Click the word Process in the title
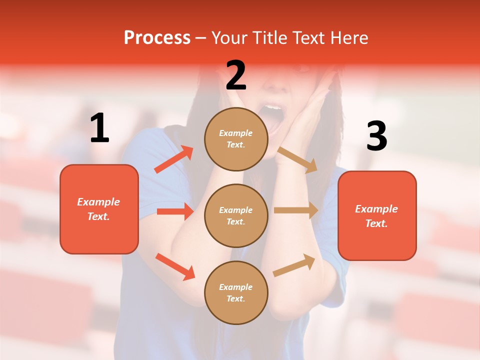pos(157,38)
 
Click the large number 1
pos(99,128)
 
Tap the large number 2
pos(236,76)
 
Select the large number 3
pos(376,136)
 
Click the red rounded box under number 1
pos(99,209)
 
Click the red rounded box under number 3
pos(377,215)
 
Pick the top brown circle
pos(236,139)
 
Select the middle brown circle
pos(236,215)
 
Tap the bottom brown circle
pos(236,292)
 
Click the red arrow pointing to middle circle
pos(175,211)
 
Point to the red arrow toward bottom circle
pos(175,266)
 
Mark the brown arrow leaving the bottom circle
pos(294,265)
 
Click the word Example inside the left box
pos(98,202)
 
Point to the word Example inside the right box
pos(376,209)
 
